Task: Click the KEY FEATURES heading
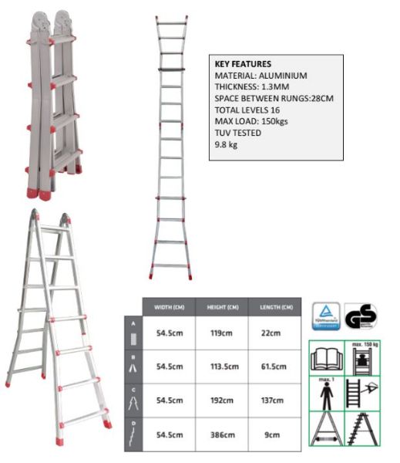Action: click(242, 64)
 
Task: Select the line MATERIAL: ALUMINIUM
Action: click(261, 76)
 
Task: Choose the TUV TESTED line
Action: click(237, 133)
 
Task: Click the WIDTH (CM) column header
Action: click(168, 307)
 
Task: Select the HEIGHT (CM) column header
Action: click(222, 307)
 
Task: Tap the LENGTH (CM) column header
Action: click(275, 307)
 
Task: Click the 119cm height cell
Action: click(222, 334)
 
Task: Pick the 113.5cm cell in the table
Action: click(222, 367)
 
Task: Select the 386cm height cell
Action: click(222, 434)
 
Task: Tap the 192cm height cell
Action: click(222, 401)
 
